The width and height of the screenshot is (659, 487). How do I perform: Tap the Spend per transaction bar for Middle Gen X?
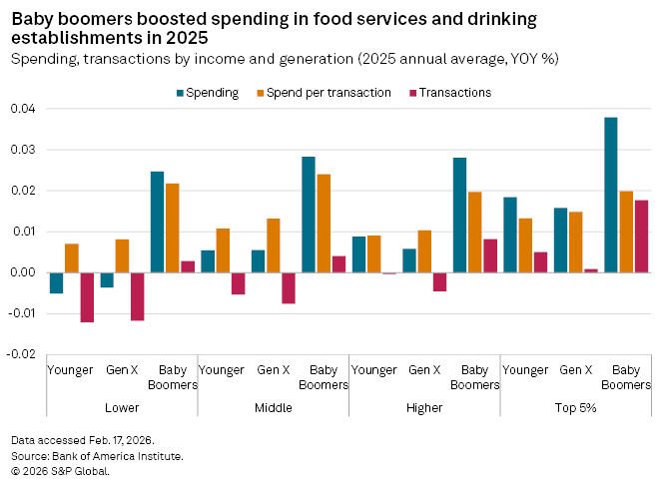(274, 245)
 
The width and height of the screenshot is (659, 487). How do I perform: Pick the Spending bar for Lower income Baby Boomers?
(158, 222)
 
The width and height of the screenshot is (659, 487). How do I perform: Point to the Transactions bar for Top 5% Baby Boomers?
(641, 237)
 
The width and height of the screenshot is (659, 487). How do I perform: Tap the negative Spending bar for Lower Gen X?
(107, 279)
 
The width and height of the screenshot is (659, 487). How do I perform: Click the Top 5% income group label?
(575, 408)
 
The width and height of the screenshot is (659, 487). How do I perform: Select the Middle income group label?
(274, 408)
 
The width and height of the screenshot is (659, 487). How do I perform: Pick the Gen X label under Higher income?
(425, 370)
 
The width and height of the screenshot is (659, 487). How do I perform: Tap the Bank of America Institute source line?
(97, 455)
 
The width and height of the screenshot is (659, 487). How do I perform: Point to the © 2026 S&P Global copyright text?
(59, 470)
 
